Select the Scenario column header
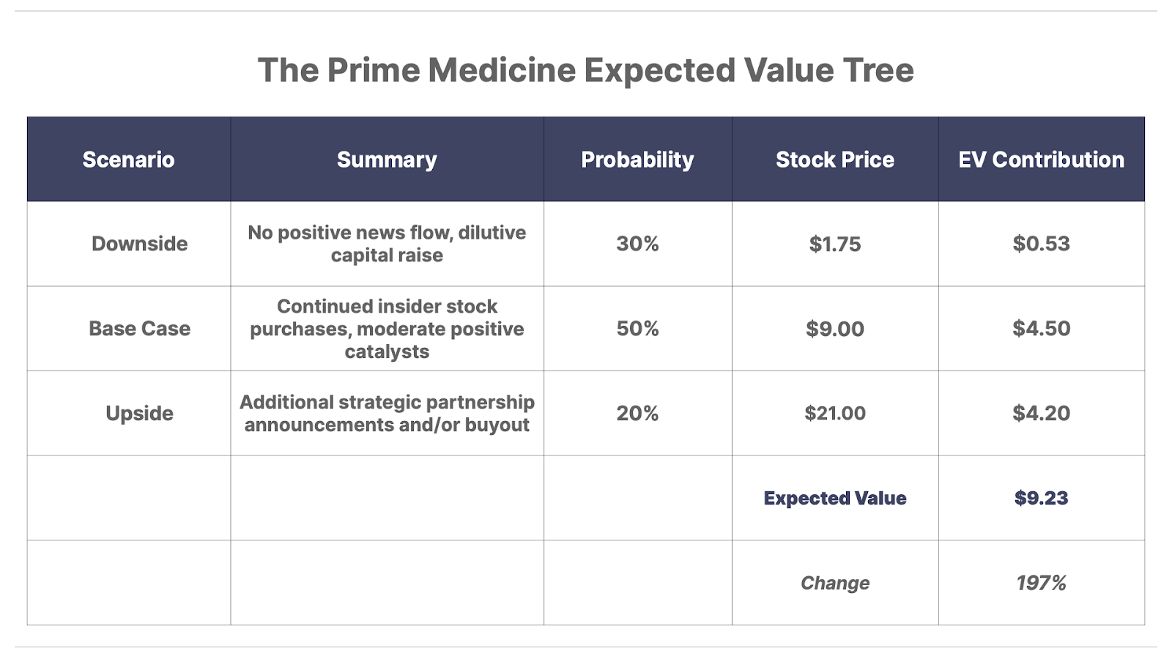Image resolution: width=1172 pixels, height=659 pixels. coord(128,160)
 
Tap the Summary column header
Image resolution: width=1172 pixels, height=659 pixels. coord(387,160)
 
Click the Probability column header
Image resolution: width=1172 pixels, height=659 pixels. coord(637,160)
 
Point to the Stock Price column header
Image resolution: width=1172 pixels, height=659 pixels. coord(835,160)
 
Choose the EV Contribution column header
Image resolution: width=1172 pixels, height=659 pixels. coord(1041,160)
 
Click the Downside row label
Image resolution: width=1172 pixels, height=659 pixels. coord(139,244)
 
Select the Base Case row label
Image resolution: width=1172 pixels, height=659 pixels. coord(139,329)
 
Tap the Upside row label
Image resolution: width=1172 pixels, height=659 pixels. coord(139,414)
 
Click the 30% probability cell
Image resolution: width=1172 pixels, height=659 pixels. coord(637,244)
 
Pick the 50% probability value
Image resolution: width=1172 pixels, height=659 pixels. coord(637,329)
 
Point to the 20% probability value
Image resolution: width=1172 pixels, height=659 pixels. coord(637,413)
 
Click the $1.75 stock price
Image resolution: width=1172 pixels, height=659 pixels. coord(835,244)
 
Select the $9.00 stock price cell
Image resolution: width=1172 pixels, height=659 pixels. coord(835,329)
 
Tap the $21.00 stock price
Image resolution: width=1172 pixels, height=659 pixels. coord(835,413)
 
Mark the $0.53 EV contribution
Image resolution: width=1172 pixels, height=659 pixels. coord(1041,244)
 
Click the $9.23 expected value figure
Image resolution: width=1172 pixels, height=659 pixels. coord(1041,498)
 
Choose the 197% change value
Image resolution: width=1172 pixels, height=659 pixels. coord(1041,583)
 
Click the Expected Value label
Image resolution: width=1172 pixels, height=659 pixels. coord(835,498)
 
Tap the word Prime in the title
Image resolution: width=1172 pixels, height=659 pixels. coord(374,70)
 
